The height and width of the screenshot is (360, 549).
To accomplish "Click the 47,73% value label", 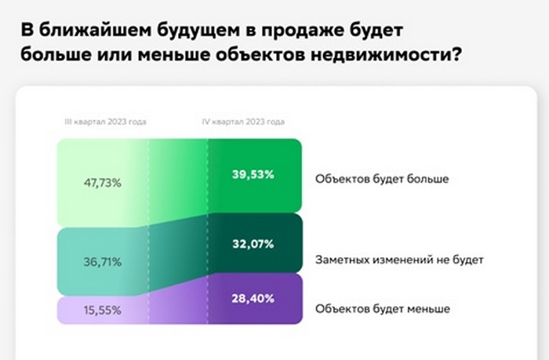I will pyautogui.click(x=102, y=184).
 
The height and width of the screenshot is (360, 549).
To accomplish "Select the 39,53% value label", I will pyautogui.click(x=253, y=174).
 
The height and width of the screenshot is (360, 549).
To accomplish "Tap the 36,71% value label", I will pyautogui.click(x=102, y=262).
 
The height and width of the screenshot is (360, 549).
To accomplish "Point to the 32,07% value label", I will pyautogui.click(x=253, y=244).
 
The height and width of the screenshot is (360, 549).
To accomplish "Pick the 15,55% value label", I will pyautogui.click(x=102, y=310).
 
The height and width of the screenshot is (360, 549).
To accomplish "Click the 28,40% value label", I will pyautogui.click(x=253, y=299).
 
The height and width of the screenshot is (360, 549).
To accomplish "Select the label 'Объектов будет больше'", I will pyautogui.click(x=381, y=179).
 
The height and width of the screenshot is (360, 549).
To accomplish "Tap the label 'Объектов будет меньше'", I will pyautogui.click(x=382, y=308).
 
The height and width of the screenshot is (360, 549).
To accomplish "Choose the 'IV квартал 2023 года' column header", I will pyautogui.click(x=244, y=122).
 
